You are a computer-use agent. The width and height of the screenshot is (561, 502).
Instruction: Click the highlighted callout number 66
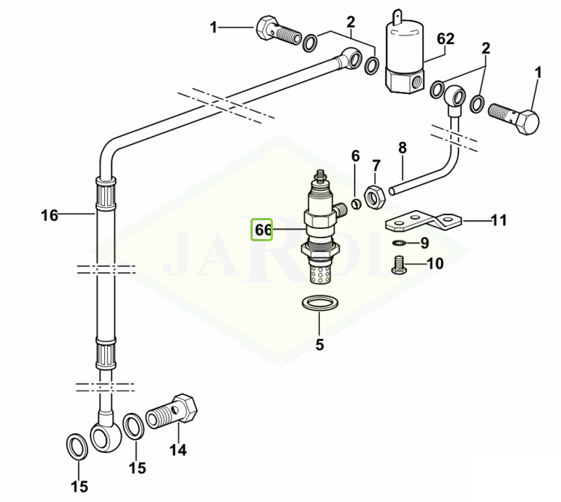tap(262, 230)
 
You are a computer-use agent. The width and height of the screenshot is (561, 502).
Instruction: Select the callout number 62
tap(445, 38)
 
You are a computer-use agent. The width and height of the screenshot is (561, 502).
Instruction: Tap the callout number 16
tap(49, 216)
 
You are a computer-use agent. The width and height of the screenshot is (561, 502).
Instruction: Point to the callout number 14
tap(178, 450)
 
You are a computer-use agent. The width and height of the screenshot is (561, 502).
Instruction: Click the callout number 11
tap(499, 220)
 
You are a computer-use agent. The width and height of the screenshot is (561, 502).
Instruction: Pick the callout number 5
tap(319, 345)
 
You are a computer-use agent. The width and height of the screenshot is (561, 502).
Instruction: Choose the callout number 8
tap(402, 148)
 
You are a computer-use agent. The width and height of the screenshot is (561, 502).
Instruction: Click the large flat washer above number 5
tap(319, 304)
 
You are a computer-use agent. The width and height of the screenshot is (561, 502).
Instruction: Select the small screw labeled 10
tap(400, 264)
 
